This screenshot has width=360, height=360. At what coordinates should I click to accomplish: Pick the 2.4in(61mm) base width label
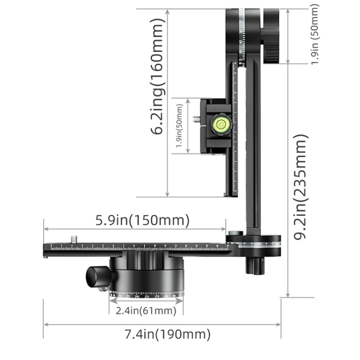(146, 311)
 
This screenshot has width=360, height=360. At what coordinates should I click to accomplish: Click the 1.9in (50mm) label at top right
(315, 35)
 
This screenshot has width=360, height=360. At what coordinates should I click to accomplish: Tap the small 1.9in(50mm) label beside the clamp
(179, 126)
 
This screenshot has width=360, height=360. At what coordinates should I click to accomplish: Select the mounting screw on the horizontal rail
(73, 239)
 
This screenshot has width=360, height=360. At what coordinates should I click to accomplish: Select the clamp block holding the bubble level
(216, 126)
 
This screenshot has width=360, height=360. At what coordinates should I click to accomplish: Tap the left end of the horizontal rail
(48, 248)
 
